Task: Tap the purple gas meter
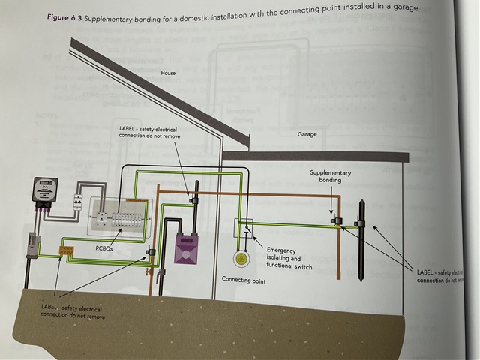coord(185,245)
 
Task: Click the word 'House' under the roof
coord(168,73)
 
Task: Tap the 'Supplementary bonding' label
coord(329,177)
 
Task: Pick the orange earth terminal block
coord(66,250)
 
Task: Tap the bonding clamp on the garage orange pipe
coord(337,220)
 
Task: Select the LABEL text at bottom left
coord(71,312)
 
